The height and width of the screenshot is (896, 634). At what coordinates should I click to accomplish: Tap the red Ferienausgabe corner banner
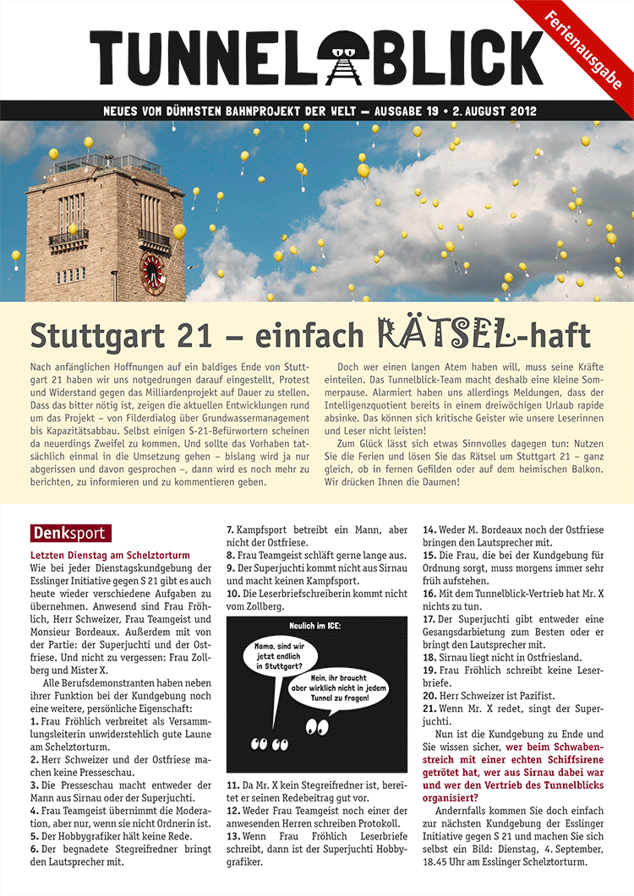pyautogui.click(x=585, y=50)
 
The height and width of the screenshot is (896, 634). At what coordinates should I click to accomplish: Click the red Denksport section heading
pyautogui.click(x=69, y=534)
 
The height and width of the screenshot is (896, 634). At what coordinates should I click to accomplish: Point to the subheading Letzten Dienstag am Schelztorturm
pyautogui.click(x=110, y=556)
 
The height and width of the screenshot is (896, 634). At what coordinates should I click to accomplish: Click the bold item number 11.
pyautogui.click(x=232, y=785)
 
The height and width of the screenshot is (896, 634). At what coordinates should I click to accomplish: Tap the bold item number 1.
pyautogui.click(x=34, y=722)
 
